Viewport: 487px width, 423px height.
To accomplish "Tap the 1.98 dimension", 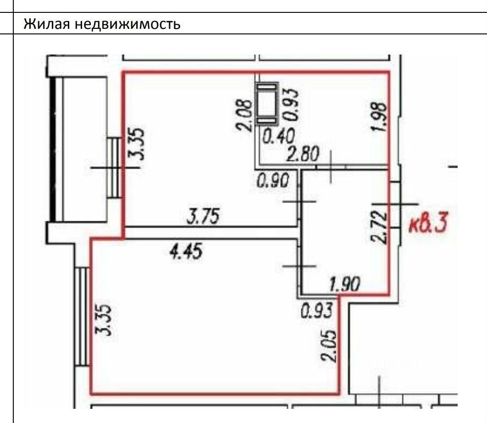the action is pyautogui.click(x=380, y=117).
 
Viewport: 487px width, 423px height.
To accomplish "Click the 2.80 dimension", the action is pyautogui.click(x=303, y=155).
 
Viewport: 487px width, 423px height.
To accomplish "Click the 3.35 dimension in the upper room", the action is pyautogui.click(x=137, y=143).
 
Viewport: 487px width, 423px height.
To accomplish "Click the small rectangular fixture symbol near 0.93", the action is pyautogui.click(x=267, y=103).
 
